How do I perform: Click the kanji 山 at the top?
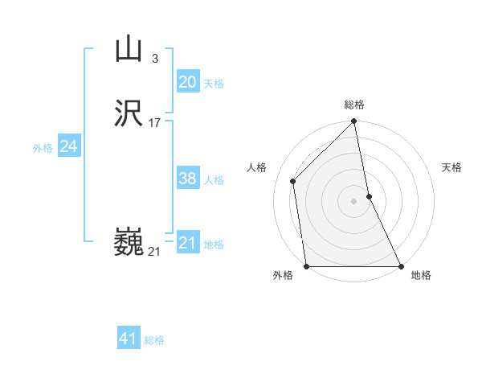coord(128,49)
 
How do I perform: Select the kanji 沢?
coord(129,114)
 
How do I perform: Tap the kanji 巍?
coord(129,242)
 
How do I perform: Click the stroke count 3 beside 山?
coord(154,58)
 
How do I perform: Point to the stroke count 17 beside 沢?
coord(155,123)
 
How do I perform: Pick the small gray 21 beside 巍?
coord(154,252)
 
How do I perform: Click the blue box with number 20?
coord(187,82)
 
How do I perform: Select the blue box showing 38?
coord(187,179)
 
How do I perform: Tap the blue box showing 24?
coord(69,146)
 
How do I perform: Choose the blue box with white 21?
coord(187,243)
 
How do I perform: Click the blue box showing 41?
coord(129,339)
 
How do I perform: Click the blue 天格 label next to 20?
coord(214,84)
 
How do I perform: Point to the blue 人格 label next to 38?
coord(214,180)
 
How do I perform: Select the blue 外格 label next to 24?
coord(43,148)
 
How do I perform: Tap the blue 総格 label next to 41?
coord(154,340)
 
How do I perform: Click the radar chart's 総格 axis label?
coord(354,105)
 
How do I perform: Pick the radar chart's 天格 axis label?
coord(451,167)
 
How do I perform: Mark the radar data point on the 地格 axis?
coord(400,266)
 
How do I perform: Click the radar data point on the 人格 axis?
coord(293,181)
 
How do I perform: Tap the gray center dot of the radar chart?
coord(354,201)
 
